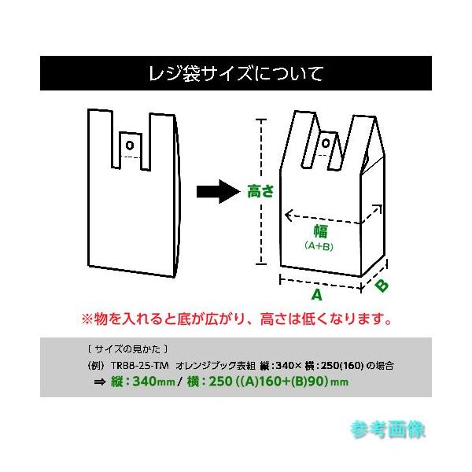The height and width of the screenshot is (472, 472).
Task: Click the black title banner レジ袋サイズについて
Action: coord(236,75)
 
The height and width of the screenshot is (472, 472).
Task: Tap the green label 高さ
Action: coord(260,190)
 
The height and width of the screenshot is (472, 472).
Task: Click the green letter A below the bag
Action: coord(316,295)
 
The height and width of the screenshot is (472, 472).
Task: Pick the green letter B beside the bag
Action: coord(380,285)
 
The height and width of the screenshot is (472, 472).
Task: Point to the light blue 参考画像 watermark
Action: coord(388,430)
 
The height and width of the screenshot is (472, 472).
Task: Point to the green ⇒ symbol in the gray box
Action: coord(100,382)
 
